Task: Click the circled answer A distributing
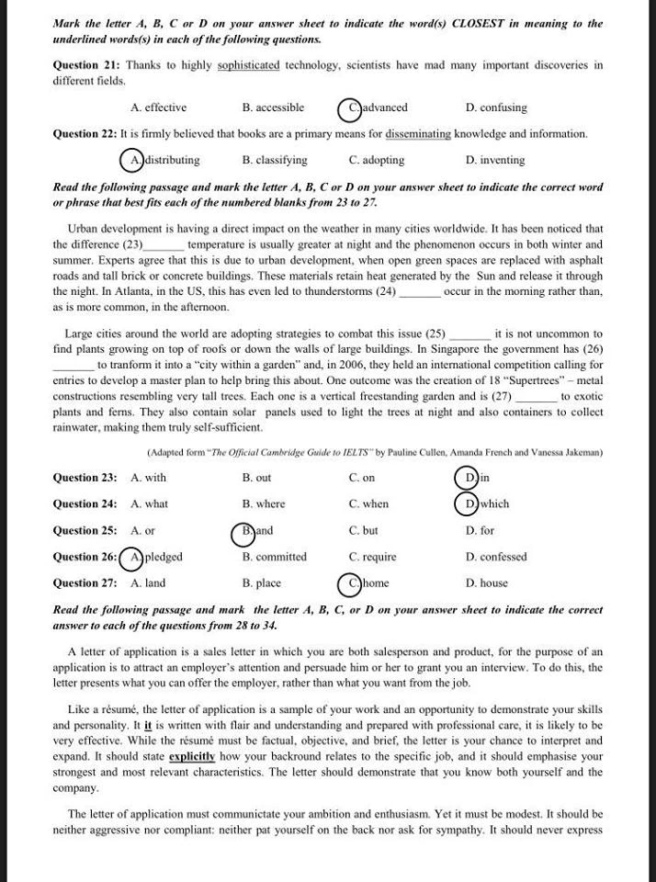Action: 161,160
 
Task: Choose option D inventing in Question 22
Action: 495,160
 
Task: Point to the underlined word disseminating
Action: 418,134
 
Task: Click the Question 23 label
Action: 85,478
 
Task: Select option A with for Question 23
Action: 149,478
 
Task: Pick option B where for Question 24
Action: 264,504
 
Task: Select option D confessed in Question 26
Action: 496,557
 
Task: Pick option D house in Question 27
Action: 486,583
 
